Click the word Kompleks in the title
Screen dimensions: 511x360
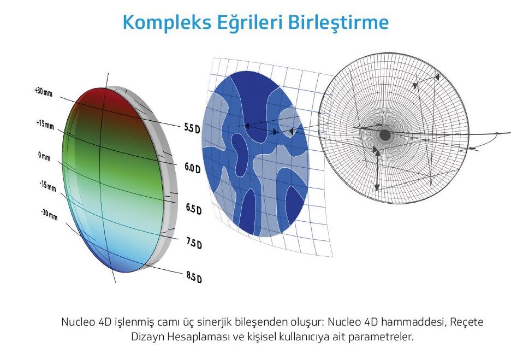pos(167,23)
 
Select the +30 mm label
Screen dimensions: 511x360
pos(43,91)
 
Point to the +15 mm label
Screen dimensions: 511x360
pos(45,124)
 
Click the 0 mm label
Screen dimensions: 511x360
pos(44,156)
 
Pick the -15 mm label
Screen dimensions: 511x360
pos(47,186)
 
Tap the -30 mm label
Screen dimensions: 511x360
pos(49,215)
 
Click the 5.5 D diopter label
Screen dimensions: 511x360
pos(192,127)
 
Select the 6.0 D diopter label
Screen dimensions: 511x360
pos(193,168)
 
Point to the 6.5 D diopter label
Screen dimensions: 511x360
pos(194,208)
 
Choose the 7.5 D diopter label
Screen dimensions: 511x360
pos(194,243)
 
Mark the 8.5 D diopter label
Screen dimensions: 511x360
pos(194,277)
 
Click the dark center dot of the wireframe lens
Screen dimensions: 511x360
pos(385,135)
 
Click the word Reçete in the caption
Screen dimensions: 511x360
pos(467,322)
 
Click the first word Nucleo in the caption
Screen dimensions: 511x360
pos(78,322)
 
